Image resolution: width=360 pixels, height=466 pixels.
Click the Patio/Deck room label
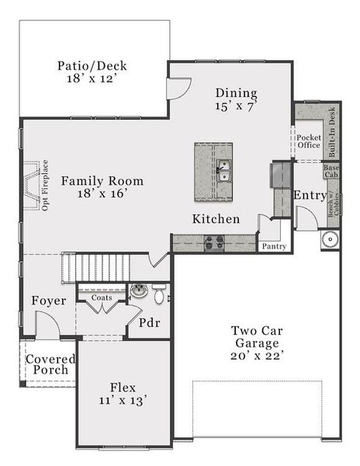(x=92, y=72)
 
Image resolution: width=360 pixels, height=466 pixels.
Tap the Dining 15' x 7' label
(x=237, y=99)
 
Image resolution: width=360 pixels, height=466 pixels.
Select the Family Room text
(x=102, y=187)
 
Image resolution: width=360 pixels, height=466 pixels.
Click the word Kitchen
(x=216, y=219)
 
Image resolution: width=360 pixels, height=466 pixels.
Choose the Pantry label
(x=274, y=246)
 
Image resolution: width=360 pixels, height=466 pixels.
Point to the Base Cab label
(x=331, y=170)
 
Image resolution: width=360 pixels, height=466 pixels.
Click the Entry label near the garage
(x=310, y=196)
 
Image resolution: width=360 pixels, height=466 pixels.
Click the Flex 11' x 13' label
(x=123, y=393)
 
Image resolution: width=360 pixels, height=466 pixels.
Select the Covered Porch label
(x=50, y=364)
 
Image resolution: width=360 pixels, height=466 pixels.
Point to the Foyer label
(x=48, y=301)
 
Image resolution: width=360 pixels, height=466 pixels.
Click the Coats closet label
(x=101, y=297)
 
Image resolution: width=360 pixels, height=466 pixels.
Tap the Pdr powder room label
(x=149, y=322)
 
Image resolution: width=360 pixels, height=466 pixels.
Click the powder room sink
(x=139, y=291)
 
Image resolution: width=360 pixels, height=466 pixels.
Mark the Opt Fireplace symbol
(x=32, y=186)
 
